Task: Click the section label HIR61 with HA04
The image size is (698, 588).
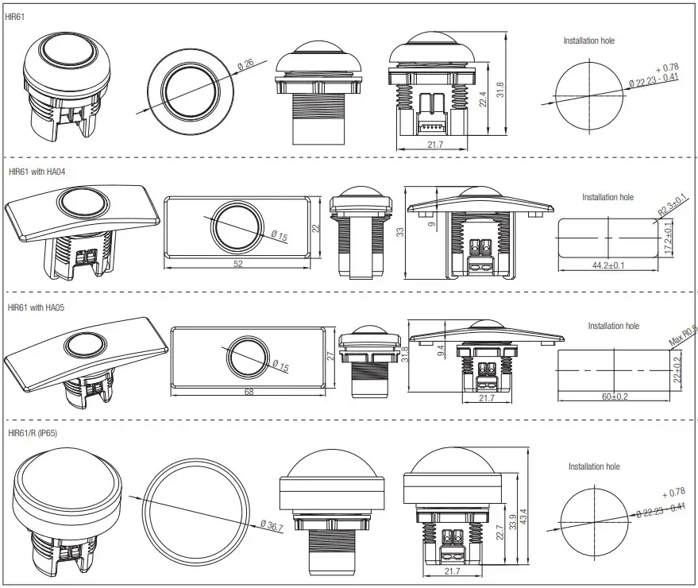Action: [x=37, y=171]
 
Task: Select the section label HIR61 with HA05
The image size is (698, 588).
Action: [x=37, y=306]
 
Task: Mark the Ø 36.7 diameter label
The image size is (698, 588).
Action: [x=271, y=526]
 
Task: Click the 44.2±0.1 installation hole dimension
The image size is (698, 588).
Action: [x=608, y=265]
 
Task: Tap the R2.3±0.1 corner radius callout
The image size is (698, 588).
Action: [x=672, y=207]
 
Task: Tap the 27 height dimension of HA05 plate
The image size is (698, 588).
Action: [x=330, y=357]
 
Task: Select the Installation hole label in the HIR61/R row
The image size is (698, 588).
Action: [x=594, y=466]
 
